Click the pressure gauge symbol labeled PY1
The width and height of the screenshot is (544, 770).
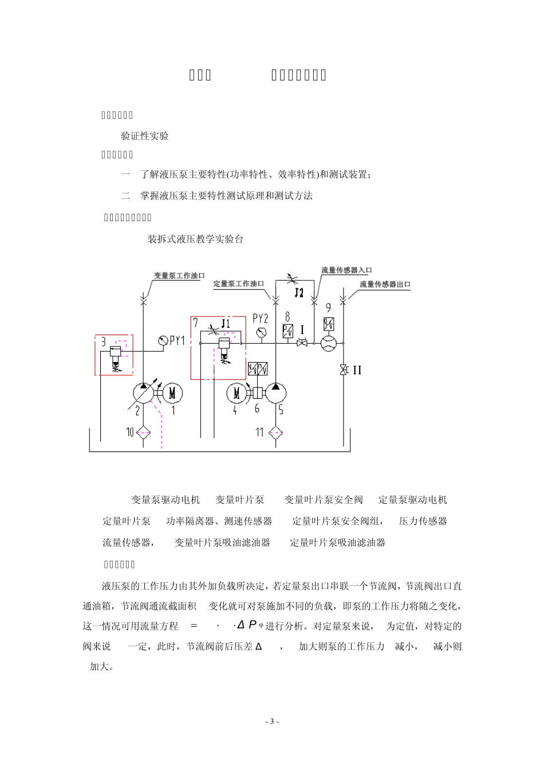pos(163,340)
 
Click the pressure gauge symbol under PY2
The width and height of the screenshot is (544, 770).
pos(262,332)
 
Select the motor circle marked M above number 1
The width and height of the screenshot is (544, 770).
pos(174,392)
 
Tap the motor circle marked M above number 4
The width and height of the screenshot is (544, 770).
pos(236,392)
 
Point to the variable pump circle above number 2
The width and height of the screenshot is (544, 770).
pos(143,392)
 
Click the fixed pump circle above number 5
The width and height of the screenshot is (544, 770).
pos(275,392)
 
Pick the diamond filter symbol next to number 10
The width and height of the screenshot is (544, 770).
pos(143,432)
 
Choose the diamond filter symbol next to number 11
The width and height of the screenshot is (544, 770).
pos(275,432)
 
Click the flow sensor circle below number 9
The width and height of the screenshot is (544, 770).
pos(329,343)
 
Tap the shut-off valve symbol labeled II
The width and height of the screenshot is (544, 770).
pos(344,370)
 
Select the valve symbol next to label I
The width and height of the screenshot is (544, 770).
pos(302,343)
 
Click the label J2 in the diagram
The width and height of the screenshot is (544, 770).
pos(298,293)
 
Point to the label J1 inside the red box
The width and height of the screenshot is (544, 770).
pos(225,324)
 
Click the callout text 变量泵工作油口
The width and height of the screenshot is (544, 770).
pos(179,276)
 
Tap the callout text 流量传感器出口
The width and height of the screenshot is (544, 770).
pos(385,284)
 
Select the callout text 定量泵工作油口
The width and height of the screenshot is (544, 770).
pos(239,284)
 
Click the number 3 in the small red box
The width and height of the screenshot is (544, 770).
pos(103,342)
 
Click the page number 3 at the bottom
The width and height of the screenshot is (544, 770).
pos(273,721)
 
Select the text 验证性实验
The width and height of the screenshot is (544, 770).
pos(145,136)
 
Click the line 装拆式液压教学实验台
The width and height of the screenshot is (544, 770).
pos(195,239)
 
